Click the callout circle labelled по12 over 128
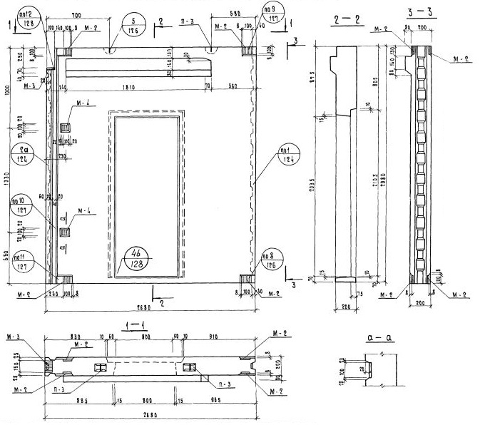click(28, 16)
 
